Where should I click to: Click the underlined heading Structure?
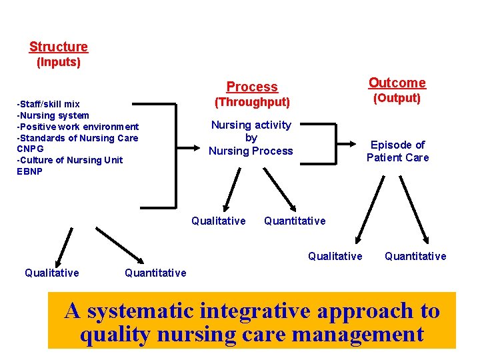point(59,47)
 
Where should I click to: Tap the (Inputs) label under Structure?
point(59,63)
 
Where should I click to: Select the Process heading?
point(252,87)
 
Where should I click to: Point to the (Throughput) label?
point(252,102)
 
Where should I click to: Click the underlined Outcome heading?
point(397,83)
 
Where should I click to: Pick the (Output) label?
point(397,98)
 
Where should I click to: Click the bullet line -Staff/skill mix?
point(48,104)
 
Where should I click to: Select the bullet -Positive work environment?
point(77,127)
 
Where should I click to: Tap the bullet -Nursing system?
point(53,115)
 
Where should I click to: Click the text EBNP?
point(30,171)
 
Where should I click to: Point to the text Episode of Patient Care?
point(398,151)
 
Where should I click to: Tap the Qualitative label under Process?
point(219,221)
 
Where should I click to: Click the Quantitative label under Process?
point(295,221)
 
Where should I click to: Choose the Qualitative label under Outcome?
point(335,256)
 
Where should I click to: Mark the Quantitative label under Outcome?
point(415,256)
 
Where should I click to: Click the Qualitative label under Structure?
point(52,272)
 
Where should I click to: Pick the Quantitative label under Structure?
point(155,272)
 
